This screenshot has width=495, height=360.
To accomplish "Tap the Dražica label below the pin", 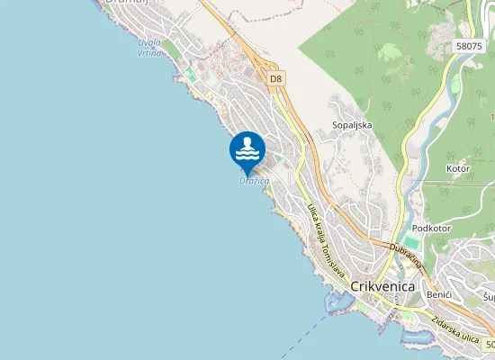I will (255, 181).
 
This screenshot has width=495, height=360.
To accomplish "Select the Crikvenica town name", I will (382, 285).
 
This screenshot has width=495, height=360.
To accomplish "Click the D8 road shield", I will (276, 79).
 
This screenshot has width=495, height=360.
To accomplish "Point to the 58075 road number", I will (470, 45).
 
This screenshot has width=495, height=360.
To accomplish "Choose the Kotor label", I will (459, 168).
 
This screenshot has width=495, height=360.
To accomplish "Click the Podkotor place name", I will (431, 229).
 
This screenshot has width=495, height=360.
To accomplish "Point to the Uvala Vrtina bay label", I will (150, 48).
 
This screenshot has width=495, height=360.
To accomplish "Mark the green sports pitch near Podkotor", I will (411, 243).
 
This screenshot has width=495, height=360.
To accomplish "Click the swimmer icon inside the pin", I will (247, 148).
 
